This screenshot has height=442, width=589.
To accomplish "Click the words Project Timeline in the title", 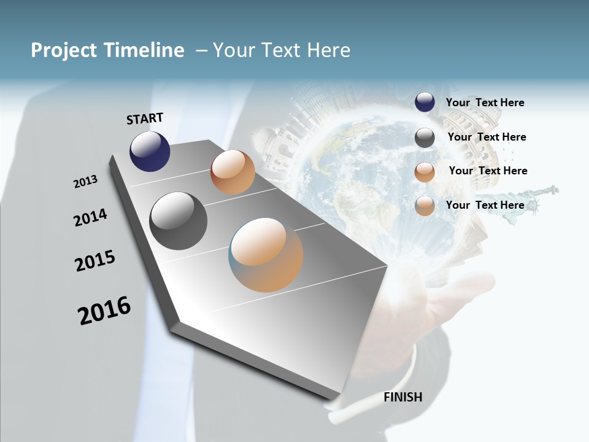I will (x=107, y=50).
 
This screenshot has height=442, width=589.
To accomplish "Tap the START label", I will (x=145, y=118).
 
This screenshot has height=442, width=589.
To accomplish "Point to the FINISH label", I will (x=402, y=397).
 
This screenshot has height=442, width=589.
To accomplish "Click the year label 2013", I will (x=85, y=182).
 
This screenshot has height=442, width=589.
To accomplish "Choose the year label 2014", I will (x=90, y=217).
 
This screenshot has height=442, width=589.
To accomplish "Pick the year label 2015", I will (x=95, y=261).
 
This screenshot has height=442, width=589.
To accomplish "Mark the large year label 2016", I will (x=104, y=310).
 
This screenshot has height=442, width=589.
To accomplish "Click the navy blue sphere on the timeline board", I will (x=150, y=151).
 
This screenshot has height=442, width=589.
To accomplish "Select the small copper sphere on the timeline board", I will (x=233, y=172).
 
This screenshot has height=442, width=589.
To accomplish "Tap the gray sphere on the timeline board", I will (x=178, y=221).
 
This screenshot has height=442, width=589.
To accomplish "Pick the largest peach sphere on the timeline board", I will (x=266, y=255).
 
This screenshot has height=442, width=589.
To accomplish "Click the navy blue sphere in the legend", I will (x=425, y=102).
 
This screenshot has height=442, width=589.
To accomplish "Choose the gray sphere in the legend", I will (x=425, y=138).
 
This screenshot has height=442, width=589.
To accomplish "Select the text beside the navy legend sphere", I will (x=485, y=103).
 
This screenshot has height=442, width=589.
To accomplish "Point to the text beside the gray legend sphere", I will (x=487, y=137).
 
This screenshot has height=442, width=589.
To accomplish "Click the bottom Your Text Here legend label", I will (x=485, y=205).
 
